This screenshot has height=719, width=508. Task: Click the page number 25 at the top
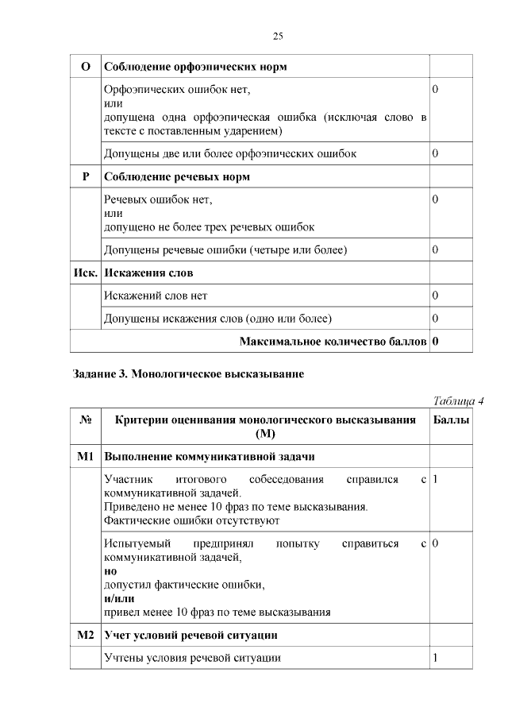278,36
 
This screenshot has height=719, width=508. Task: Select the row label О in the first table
86,67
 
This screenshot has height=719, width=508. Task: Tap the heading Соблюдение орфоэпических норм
195,67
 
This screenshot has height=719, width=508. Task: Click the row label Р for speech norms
86,177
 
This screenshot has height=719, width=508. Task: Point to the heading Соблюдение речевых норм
177,177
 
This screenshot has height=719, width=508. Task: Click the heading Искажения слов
149,273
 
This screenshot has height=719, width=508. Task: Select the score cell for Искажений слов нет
435,296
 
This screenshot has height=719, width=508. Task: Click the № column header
86,419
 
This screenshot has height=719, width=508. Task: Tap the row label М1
86,457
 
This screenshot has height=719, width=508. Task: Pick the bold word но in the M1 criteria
110,571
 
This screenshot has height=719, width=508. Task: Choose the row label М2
86,636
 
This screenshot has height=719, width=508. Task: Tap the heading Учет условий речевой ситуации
190,636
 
